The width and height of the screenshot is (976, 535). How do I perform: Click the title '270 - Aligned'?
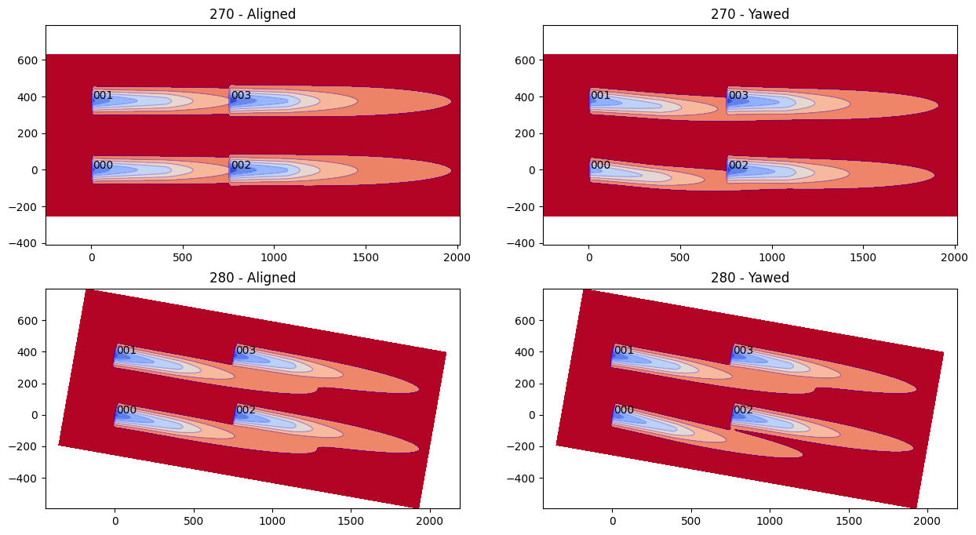tap(253, 14)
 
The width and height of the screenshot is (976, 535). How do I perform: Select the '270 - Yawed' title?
tap(749, 14)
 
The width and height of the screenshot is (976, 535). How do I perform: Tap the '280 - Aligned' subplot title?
tap(253, 278)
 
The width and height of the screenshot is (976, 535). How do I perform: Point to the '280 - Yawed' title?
tap(749, 278)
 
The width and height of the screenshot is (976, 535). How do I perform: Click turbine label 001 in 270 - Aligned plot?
tap(103, 96)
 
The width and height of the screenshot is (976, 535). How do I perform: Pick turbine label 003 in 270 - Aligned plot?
tap(241, 96)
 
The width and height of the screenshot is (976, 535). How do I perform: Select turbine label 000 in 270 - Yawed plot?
tap(600, 165)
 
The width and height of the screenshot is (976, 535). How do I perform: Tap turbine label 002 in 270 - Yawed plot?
tap(738, 165)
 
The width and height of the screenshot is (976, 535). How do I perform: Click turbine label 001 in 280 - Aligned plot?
tap(126, 350)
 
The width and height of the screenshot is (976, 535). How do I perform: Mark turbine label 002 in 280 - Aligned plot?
tap(246, 409)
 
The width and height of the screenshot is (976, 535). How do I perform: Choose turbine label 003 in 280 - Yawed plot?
tap(743, 350)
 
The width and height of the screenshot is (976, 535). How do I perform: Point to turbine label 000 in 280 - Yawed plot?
tap(624, 409)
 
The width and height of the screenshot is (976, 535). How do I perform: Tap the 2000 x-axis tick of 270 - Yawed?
tap(954, 256)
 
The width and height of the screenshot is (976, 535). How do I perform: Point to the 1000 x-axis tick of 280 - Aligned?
tap(272, 519)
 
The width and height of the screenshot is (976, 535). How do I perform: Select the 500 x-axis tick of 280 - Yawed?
tap(691, 519)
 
